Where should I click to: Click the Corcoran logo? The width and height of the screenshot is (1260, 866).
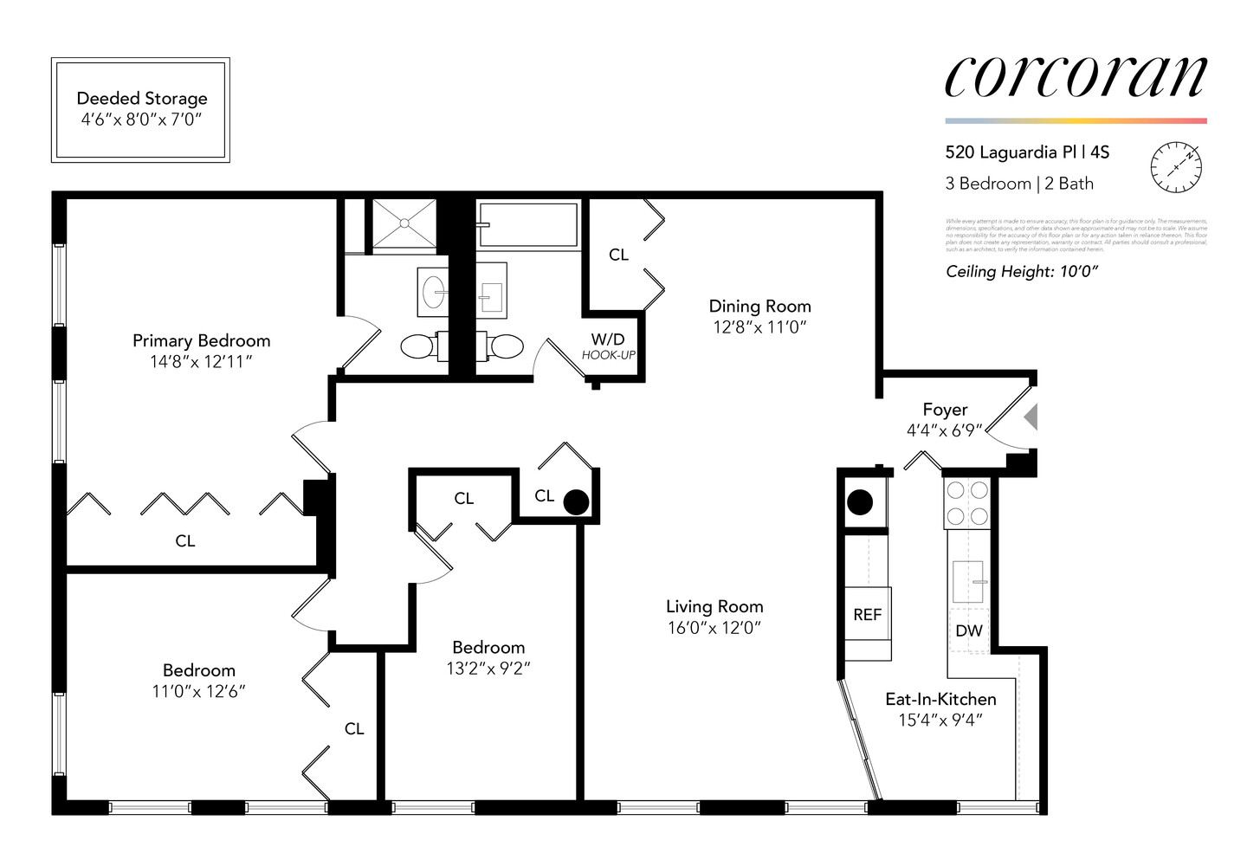coord(1075,77)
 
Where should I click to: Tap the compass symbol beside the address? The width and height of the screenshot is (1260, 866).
coord(1176,166)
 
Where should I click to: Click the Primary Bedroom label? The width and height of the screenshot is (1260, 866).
coord(201,341)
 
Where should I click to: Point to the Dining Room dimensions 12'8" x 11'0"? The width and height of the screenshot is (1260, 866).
coord(759,327)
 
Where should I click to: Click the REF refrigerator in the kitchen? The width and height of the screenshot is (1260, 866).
coord(867,614)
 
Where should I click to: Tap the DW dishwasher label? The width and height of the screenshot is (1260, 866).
coord(969,631)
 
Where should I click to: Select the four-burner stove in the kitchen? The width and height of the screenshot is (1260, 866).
coord(967,503)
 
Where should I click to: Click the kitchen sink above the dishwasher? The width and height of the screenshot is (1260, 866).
coord(969,581)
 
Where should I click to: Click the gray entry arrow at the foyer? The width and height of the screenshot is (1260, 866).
coord(1031,417)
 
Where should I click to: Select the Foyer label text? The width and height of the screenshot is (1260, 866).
coord(945,410)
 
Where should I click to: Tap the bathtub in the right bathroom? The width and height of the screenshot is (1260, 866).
coord(527,225)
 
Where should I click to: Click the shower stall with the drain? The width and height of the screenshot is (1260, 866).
coord(404,223)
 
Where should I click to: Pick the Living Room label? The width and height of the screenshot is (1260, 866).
coord(714,607)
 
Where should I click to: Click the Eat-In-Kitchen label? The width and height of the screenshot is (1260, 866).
coord(940,699)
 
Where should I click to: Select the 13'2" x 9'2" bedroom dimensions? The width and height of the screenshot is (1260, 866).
coord(488,669)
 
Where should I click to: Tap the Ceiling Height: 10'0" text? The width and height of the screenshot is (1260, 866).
coord(1022,272)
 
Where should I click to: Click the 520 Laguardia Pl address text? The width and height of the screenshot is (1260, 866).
coord(1027,152)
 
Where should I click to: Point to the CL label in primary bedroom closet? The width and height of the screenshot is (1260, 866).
coord(185,541)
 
